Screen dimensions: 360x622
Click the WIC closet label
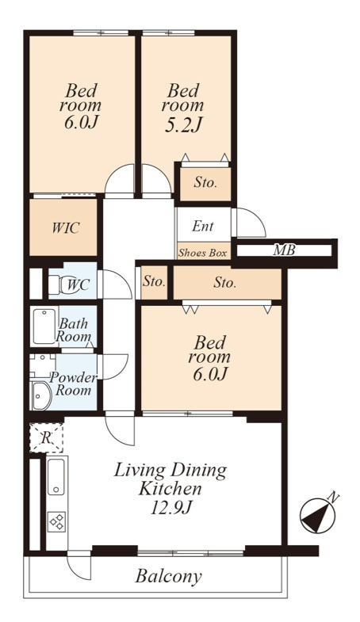[66, 227]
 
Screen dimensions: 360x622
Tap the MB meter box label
[284, 250]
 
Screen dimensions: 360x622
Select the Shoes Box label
[202, 253]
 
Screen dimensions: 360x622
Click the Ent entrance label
[203, 226]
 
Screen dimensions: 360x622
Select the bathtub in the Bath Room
[44, 326]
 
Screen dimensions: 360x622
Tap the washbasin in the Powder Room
[41, 396]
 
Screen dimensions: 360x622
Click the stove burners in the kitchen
[57, 521]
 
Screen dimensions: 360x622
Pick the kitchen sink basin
[56, 477]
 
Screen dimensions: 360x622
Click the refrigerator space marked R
[47, 438]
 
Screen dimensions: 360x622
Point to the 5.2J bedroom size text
[183, 124]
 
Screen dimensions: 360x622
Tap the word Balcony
[168, 576]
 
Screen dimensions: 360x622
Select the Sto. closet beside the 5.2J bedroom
[205, 183]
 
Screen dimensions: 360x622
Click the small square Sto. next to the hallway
[154, 282]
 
